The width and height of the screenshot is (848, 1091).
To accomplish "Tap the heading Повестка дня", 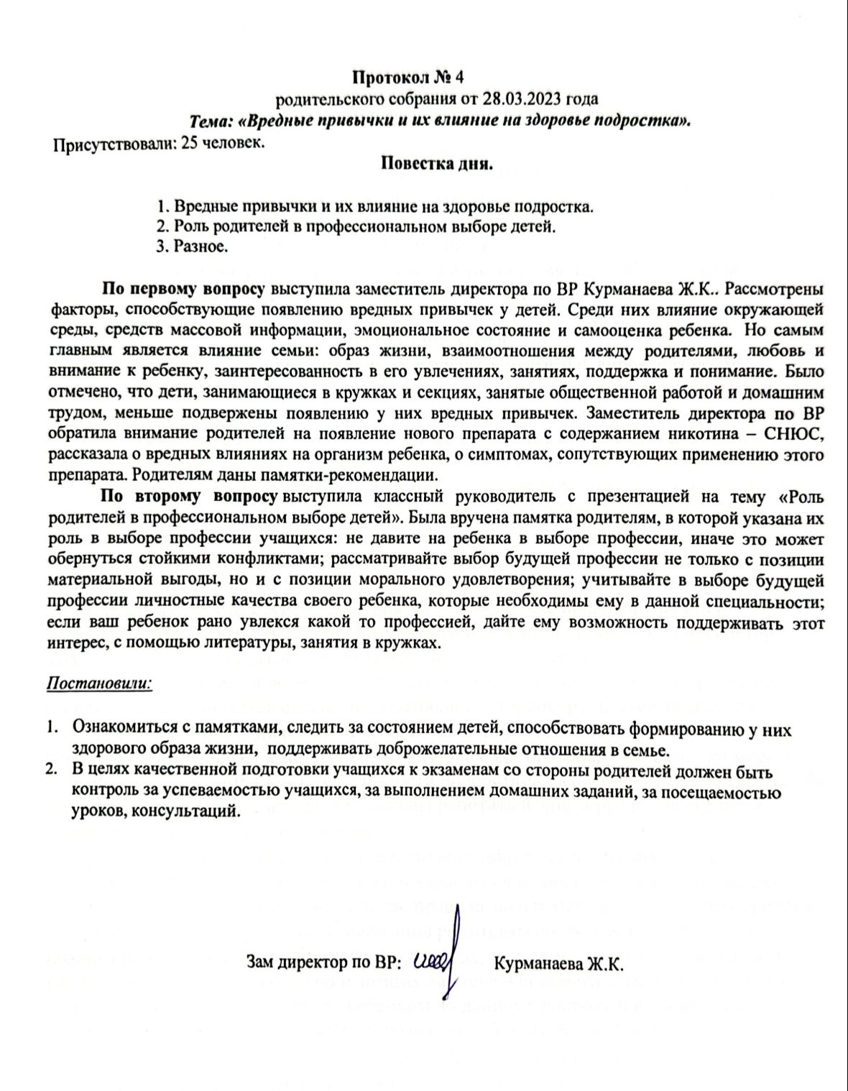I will coord(437,164).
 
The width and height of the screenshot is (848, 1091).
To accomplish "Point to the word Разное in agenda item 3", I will coord(201,247).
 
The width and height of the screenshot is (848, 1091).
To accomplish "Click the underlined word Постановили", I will coord(99,681).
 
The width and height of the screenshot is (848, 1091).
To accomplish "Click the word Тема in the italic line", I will coord(209,121).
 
